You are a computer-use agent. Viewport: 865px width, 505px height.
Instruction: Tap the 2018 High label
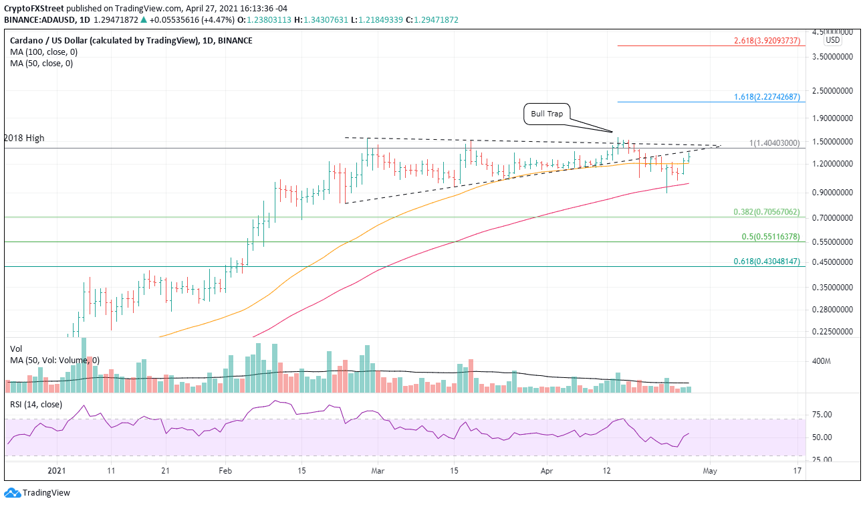coord(24,138)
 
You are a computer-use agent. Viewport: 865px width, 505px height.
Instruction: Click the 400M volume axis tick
coord(821,362)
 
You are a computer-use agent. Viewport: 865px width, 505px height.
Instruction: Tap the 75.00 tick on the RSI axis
coord(820,415)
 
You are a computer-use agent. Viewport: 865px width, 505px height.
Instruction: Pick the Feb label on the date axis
coord(225,471)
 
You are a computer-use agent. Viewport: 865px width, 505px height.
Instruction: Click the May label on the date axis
coord(710,471)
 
